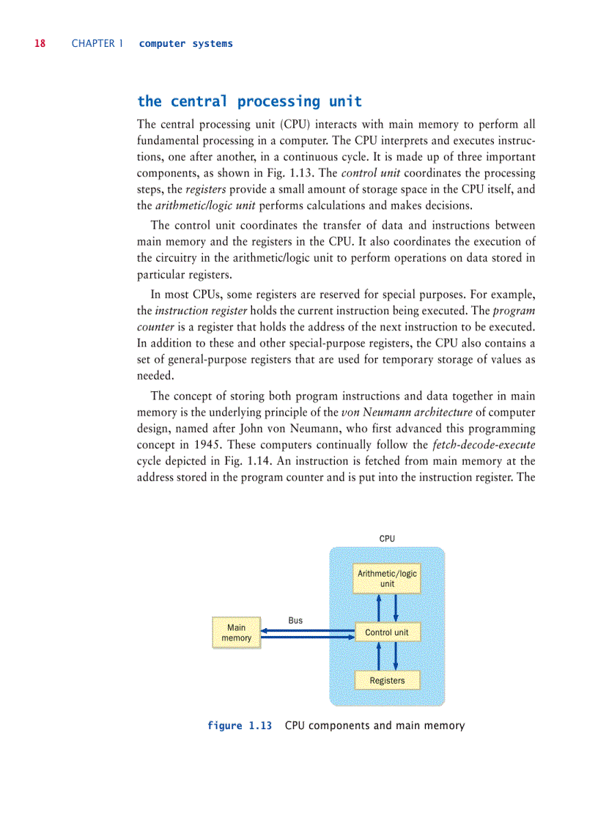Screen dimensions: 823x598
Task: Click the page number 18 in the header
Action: pos(40,43)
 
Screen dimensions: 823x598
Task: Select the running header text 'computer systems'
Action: pos(185,43)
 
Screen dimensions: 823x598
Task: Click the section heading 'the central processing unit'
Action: pos(249,101)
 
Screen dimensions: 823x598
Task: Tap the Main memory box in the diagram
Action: pos(236,633)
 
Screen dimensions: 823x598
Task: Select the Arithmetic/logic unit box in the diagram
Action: pos(387,578)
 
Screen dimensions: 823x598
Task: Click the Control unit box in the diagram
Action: pos(387,632)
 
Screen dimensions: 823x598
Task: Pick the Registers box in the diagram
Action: pos(387,680)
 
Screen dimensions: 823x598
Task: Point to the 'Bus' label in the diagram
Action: pos(295,620)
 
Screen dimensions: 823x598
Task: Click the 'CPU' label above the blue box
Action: pos(387,538)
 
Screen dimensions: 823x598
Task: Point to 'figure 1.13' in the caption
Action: pos(240,726)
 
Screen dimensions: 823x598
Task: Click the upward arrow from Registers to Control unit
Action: pos(379,656)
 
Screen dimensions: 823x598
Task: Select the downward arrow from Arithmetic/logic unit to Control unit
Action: pos(395,608)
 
